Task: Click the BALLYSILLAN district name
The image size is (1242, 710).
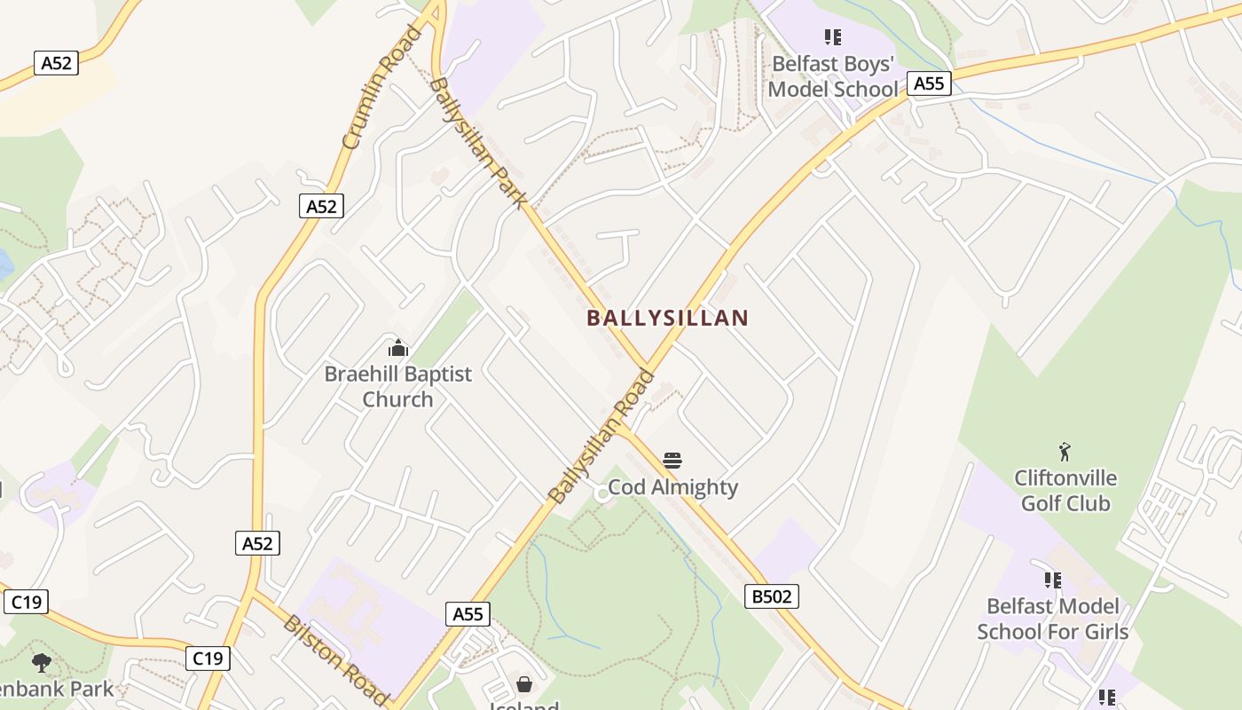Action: [667, 318]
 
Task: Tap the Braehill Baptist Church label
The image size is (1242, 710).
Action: [397, 386]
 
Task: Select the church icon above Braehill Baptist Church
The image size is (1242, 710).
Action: [398, 347]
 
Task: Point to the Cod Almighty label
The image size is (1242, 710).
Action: [672, 487]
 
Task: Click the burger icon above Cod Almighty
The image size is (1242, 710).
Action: [672, 461]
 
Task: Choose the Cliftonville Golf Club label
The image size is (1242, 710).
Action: [1065, 491]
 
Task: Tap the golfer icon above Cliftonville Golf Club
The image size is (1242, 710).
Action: [1065, 452]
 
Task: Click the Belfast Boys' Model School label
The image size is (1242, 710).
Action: [832, 76]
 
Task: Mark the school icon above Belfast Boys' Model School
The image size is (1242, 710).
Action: [832, 37]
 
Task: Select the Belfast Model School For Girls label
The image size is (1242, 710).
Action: [1052, 619]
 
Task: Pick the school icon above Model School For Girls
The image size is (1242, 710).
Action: [1053, 580]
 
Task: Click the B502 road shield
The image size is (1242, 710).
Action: [771, 596]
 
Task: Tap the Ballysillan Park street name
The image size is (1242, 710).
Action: [477, 143]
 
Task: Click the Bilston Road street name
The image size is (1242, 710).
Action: [336, 659]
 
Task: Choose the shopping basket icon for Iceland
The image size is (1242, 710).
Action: [524, 684]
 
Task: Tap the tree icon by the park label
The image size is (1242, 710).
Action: [41, 662]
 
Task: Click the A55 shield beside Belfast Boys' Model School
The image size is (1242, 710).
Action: [928, 83]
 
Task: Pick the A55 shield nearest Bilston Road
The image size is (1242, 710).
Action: [468, 614]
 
